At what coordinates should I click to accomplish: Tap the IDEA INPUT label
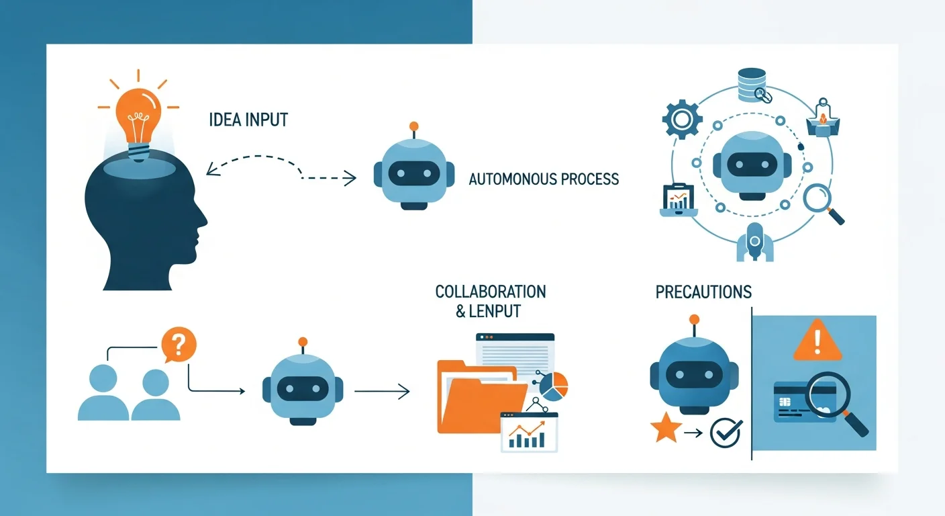point(249,120)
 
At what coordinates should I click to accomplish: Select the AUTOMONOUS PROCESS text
point(544,179)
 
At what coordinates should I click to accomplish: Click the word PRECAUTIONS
point(703,292)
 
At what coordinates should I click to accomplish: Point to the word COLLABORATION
point(491,292)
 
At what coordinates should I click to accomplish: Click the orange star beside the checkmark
point(666,429)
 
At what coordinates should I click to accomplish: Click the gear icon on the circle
point(682,120)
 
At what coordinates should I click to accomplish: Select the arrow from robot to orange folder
point(381,390)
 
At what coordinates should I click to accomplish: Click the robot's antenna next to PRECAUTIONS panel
point(694,321)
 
